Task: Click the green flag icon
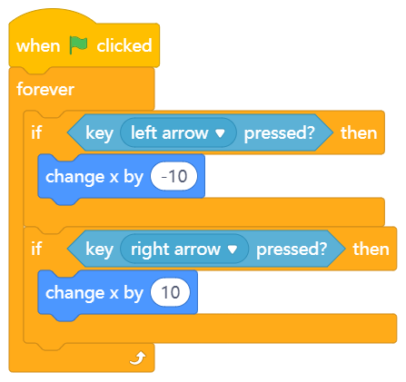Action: [78, 45]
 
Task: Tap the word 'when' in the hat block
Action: [38, 46]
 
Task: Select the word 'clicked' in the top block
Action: [124, 45]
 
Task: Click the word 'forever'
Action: [45, 89]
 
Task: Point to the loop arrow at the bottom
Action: [138, 358]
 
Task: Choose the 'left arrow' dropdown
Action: [178, 132]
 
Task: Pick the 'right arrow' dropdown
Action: [184, 249]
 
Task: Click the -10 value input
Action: [174, 176]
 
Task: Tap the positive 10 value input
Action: [171, 292]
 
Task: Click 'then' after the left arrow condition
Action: [359, 132]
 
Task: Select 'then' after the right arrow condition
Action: [371, 249]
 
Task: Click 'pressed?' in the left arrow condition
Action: [280, 133]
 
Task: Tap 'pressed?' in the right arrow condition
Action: [292, 250]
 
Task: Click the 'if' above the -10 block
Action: [36, 132]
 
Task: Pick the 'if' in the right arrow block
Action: [36, 249]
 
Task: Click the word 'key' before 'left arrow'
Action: [99, 133]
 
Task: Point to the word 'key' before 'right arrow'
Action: [99, 250]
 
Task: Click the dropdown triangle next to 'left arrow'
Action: [220, 133]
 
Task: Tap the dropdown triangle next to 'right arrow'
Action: [233, 250]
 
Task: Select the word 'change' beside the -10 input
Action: [74, 177]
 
